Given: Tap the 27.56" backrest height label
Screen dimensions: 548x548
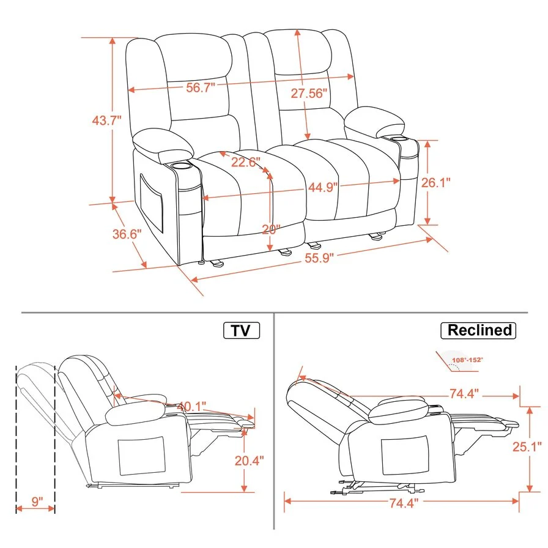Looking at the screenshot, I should coord(309,93).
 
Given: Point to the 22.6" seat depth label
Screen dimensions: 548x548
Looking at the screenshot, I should coord(245,162).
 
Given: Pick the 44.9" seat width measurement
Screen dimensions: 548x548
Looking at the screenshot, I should coord(323,187).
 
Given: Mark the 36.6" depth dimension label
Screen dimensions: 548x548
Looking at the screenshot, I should coord(127,234).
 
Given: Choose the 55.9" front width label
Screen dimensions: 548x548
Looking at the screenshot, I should coord(319,258).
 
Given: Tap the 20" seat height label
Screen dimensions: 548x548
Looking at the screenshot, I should coord(270,229).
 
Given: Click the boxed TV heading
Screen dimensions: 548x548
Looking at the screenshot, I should coord(241,330).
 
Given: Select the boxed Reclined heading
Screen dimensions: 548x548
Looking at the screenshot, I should coord(479,330).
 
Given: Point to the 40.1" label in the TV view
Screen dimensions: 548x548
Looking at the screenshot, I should coord(191,406).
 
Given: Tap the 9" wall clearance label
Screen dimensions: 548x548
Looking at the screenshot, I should coord(37,502).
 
